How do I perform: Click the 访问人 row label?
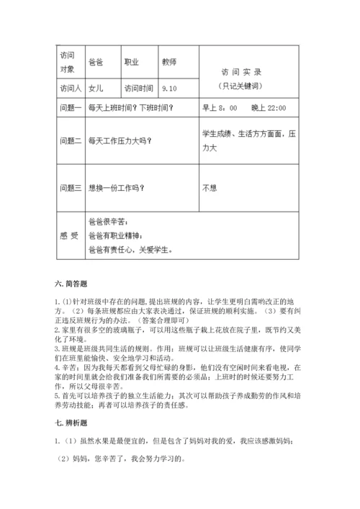click(x=68, y=89)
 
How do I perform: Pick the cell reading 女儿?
click(x=95, y=89)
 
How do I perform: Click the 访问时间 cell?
click(x=138, y=89)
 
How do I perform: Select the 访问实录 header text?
click(x=240, y=72)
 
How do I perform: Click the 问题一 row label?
click(x=68, y=108)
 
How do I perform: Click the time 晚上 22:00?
click(x=269, y=108)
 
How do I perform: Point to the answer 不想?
click(x=210, y=188)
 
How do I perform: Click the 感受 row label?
click(x=68, y=235)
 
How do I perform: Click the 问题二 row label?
click(x=68, y=142)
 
